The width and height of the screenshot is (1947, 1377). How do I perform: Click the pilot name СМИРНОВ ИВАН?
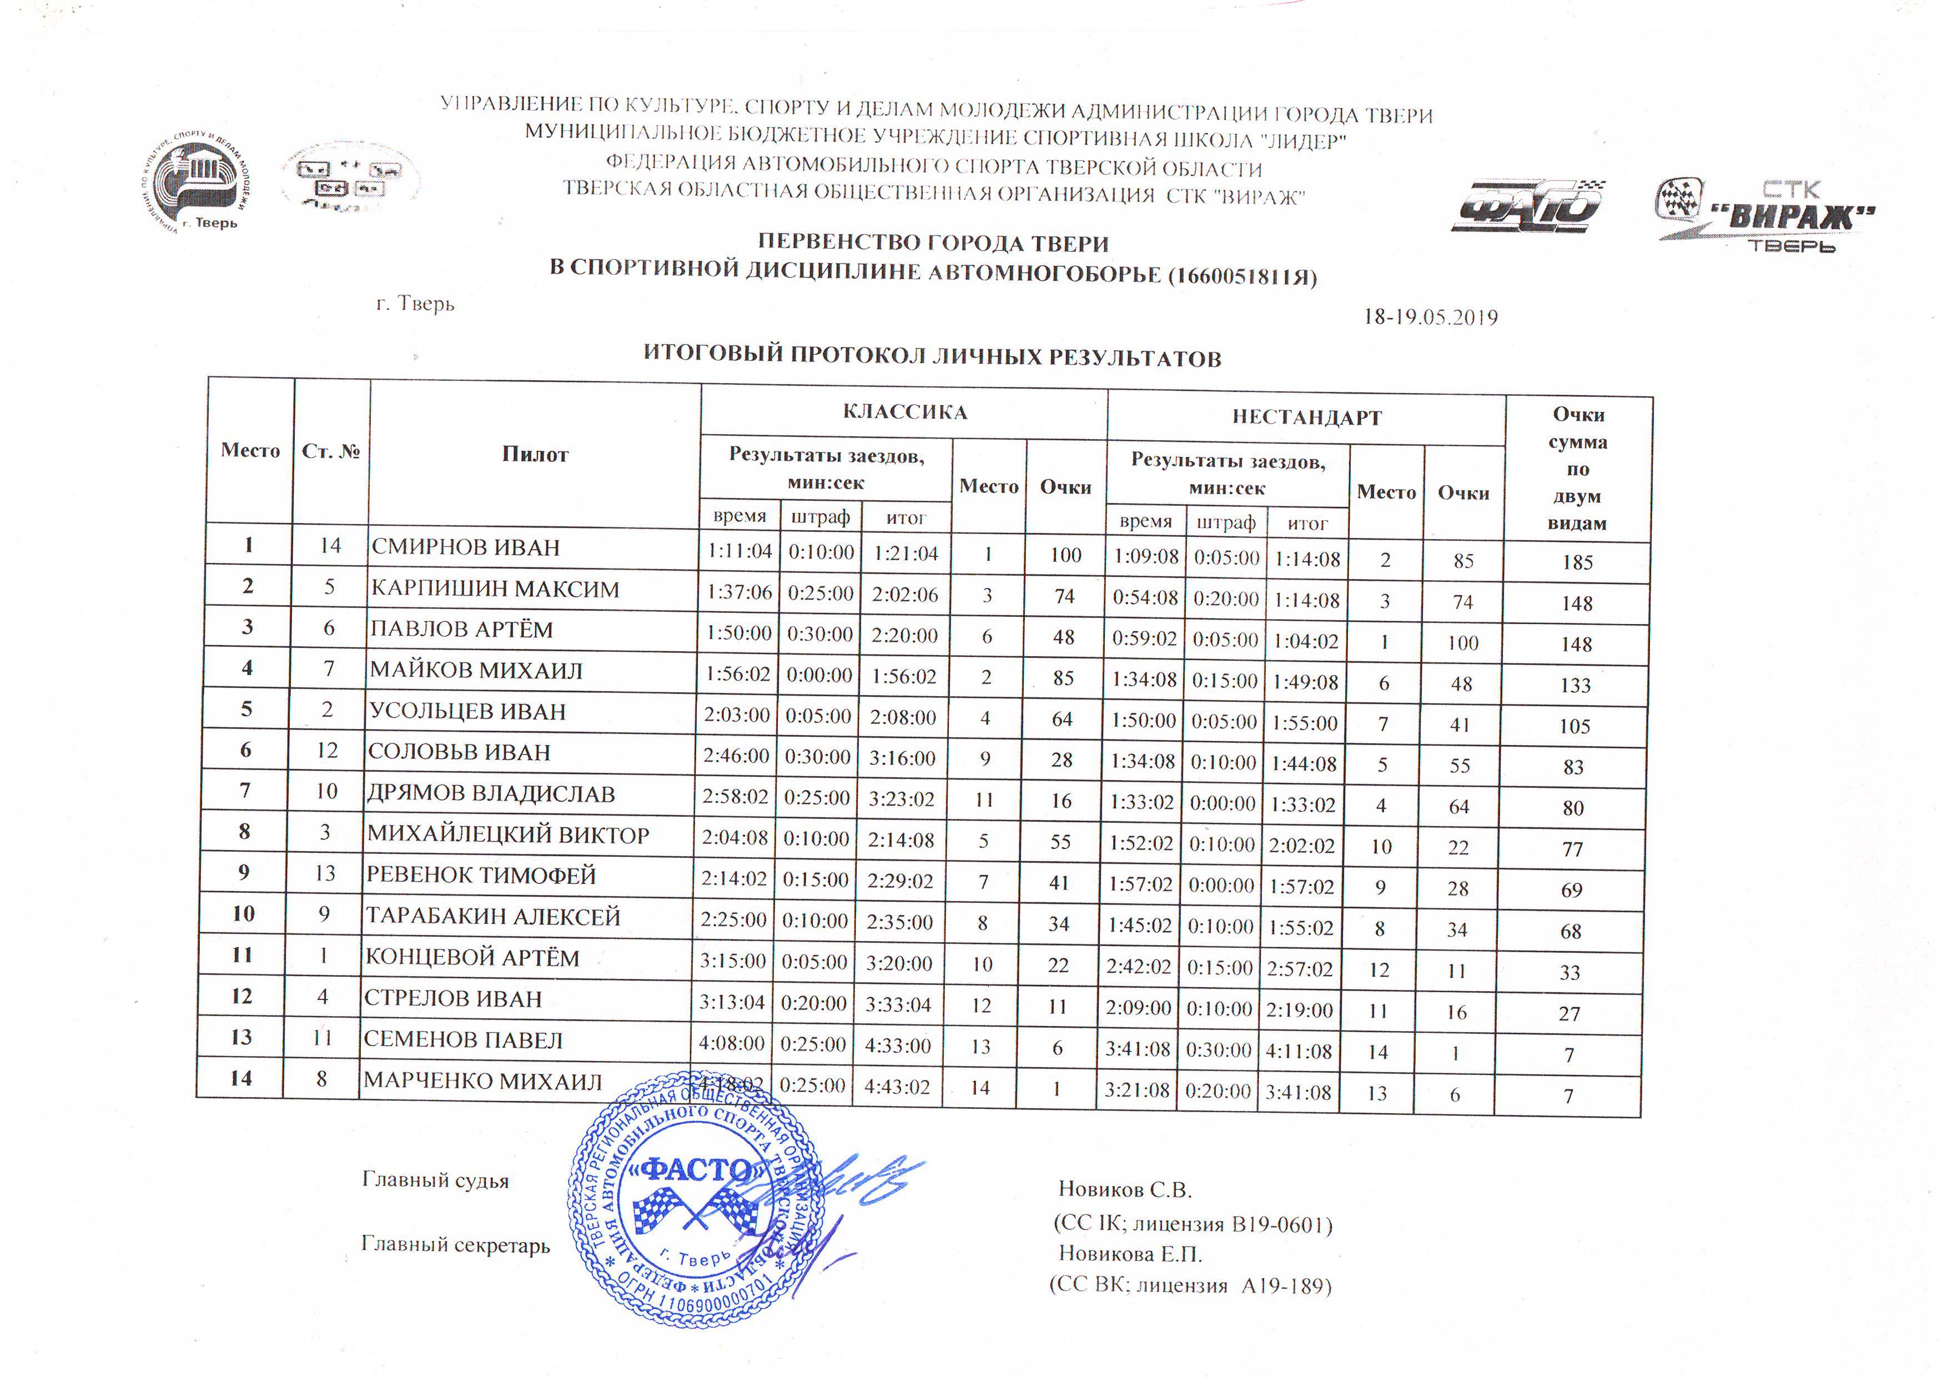[466, 548]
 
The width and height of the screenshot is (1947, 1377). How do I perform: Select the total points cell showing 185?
[1577, 562]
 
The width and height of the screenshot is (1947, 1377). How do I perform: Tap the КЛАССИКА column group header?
[905, 412]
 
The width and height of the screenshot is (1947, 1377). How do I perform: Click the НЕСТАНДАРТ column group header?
[1307, 417]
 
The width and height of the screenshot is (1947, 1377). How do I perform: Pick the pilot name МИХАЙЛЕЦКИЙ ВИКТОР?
[508, 835]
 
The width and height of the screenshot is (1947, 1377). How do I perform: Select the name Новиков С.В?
[1125, 1190]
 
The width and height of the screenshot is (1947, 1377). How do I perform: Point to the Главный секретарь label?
[455, 1245]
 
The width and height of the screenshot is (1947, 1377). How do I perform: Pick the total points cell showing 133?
[1576, 685]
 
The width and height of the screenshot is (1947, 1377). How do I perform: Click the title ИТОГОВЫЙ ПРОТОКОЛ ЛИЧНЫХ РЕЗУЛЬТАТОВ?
[932, 356]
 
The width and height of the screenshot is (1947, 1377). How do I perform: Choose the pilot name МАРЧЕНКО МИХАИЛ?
[482, 1082]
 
